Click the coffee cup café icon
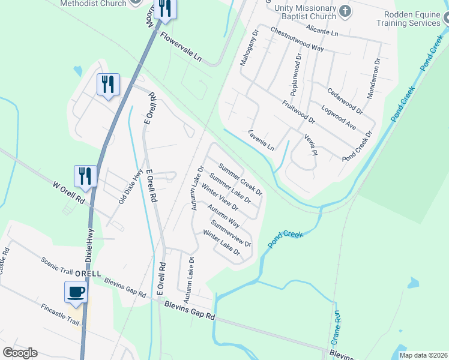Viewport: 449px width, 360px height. coord(76,293)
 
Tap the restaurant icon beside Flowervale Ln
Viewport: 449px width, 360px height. coord(163,8)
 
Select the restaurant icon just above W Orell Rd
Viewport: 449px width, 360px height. coord(85,176)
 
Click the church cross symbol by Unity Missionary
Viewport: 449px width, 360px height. coord(345,10)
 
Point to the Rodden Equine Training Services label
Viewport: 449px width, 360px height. coord(408,18)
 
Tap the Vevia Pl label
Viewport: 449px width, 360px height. coord(310,144)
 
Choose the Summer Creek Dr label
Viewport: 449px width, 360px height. coord(240,179)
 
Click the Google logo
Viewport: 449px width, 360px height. coord(20,353)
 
